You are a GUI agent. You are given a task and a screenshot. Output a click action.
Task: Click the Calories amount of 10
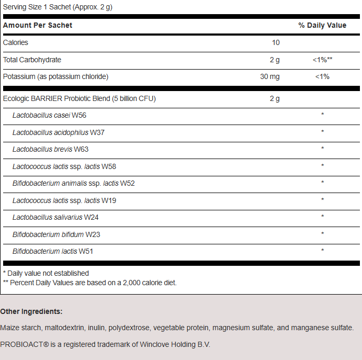click(x=276, y=43)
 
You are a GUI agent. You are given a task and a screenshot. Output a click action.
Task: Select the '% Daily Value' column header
click(x=322, y=25)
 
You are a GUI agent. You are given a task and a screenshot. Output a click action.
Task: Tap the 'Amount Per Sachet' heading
click(x=38, y=25)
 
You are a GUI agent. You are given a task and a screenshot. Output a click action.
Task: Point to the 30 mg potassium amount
click(x=270, y=77)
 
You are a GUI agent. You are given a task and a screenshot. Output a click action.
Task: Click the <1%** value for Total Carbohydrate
click(x=322, y=60)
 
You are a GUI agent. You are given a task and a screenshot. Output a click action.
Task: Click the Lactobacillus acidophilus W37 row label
click(x=59, y=132)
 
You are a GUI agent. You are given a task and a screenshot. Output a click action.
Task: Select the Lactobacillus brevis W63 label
click(x=51, y=149)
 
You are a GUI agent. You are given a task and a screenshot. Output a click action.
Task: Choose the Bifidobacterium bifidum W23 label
click(x=56, y=234)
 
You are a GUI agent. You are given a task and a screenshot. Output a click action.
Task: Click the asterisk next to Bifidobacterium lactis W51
click(x=322, y=251)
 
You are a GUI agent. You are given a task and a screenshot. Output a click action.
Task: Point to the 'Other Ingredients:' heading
click(x=31, y=311)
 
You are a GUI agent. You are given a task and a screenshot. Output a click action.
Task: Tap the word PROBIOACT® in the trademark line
click(x=22, y=344)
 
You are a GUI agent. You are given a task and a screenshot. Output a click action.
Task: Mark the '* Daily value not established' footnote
click(x=46, y=273)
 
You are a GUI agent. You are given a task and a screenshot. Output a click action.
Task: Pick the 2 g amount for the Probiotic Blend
click(x=275, y=98)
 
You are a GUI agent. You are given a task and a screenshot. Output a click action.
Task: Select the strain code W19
click(x=108, y=200)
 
